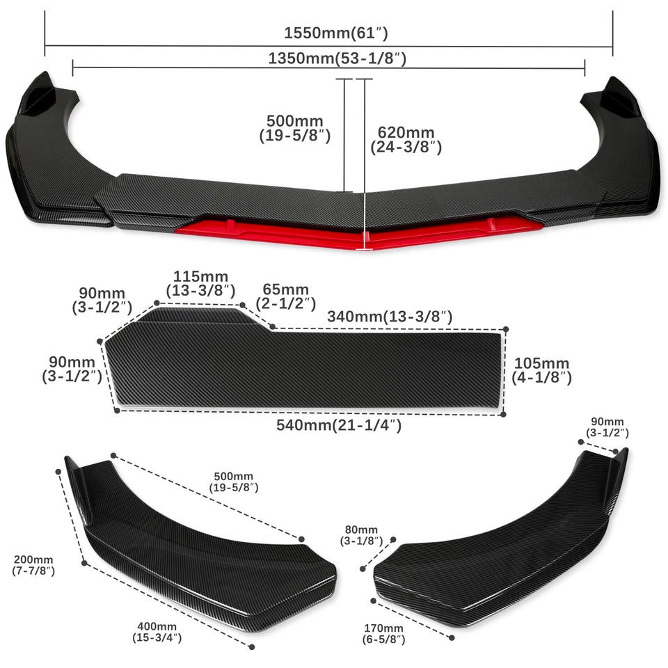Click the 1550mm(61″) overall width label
coord(335,33)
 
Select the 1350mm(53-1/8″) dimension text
coord(337,58)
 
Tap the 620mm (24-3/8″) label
coord(406,139)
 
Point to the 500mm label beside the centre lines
coord(294,128)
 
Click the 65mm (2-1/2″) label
coord(285,296)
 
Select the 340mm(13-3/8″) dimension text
coord(390,317)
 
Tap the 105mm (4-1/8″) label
coord(541,370)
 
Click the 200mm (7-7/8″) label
coord(33,565)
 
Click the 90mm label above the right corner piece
coord(607,427)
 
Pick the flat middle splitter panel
coord(306,369)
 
